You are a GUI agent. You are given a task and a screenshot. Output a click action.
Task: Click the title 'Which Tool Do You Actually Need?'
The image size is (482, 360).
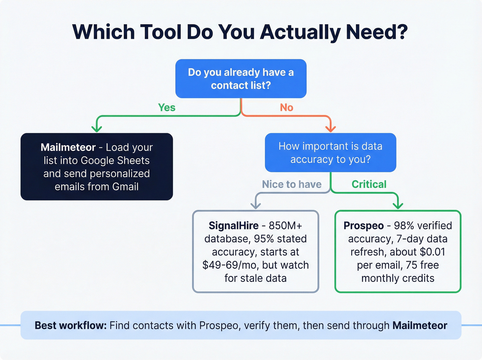pos(240,32)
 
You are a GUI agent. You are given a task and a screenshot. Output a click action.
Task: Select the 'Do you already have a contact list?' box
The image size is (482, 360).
pos(241,79)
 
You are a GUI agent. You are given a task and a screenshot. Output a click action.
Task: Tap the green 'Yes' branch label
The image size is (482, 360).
pos(167,107)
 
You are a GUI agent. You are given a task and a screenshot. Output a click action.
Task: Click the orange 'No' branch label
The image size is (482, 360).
pos(286,107)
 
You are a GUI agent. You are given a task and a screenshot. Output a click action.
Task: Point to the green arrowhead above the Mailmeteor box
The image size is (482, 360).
pos(97,128)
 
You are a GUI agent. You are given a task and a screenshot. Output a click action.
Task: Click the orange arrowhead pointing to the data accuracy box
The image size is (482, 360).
pos(331,128)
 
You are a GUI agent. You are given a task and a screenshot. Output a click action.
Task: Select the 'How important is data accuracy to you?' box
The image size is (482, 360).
pos(330,153)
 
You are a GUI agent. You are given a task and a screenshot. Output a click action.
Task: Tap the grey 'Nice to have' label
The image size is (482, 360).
pos(292,184)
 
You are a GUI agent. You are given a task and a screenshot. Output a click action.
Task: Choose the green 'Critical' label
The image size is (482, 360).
pos(369,184)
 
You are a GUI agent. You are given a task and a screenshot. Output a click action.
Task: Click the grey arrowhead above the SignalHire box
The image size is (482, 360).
pos(255,205)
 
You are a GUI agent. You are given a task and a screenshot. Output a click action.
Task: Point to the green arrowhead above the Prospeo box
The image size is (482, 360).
pos(398,205)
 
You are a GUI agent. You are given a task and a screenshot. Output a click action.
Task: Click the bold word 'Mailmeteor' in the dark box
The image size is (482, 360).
pos(68,147)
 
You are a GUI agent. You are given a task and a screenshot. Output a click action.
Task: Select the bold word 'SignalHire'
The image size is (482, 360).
pos(233,226)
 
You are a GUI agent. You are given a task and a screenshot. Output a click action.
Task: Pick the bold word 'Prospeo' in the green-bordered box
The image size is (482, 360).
pos(364,226)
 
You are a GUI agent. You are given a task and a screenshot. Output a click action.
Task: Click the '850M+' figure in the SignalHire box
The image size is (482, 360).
pos(285,226)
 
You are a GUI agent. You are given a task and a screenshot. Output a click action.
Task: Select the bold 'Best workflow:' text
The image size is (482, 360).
pos(71,326)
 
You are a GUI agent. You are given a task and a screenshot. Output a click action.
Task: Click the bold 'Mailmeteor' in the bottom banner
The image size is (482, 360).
pos(420,326)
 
